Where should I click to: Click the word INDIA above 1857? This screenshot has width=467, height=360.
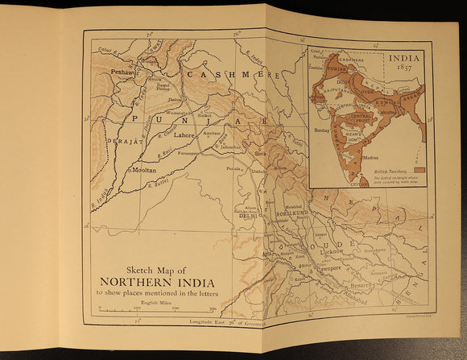[407, 58]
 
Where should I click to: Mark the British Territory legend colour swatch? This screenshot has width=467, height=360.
[419, 170]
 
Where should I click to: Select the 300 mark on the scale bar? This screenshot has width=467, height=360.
[213, 308]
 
